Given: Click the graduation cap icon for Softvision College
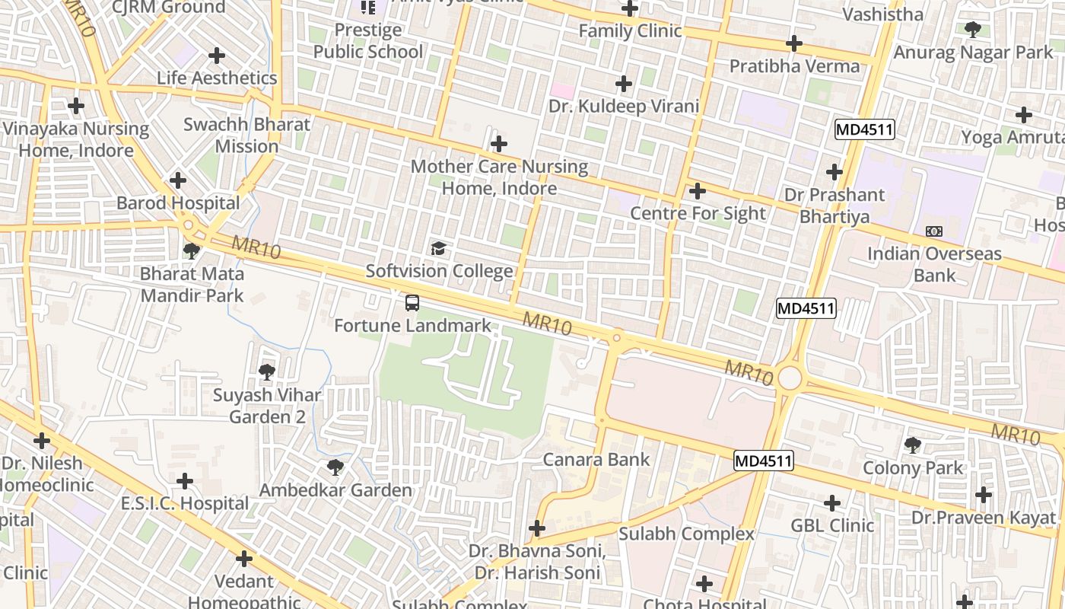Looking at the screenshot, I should [438, 248].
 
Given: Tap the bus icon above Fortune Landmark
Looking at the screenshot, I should [412, 303].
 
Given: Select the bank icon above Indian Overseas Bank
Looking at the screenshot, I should [933, 231].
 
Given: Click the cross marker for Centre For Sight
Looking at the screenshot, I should [697, 191].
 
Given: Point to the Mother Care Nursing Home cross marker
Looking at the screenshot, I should [499, 143].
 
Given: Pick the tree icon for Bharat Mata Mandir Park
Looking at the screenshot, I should [192, 250].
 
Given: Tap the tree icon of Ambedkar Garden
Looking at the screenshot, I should [335, 467].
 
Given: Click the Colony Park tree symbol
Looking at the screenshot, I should [913, 445].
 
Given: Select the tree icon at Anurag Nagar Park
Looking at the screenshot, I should [972, 30].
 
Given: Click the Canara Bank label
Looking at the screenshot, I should [596, 460].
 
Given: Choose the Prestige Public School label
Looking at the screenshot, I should [368, 41].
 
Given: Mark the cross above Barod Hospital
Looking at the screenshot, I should [178, 180].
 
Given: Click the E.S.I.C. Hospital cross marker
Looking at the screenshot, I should [185, 481].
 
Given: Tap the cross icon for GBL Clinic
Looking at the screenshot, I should [832, 502].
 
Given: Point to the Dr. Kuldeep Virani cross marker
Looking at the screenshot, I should [624, 83].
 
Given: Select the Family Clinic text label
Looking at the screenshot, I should [630, 31].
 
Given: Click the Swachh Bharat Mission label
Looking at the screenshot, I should [247, 136].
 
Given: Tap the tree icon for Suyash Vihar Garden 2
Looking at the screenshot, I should [266, 372].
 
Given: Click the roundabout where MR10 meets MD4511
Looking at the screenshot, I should [790, 377].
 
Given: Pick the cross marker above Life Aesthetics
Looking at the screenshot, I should [217, 56].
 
